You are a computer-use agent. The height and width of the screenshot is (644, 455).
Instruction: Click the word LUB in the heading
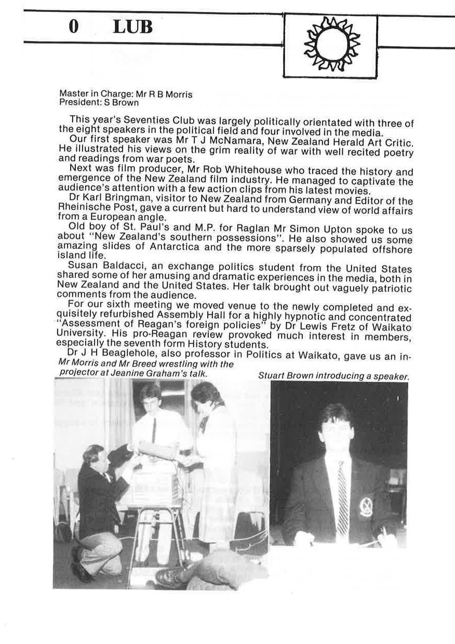click(x=132, y=28)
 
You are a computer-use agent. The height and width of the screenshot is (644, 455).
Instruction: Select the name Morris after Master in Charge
click(x=178, y=95)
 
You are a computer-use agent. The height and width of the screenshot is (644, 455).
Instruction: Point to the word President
click(x=77, y=102)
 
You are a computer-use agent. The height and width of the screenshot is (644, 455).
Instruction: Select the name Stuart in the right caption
click(x=271, y=377)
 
